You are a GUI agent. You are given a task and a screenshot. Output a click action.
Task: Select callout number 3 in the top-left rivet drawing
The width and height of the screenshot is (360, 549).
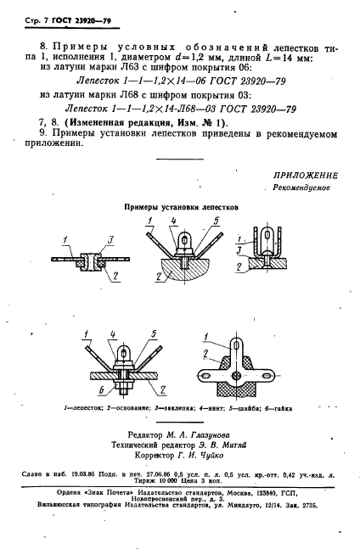tap(99, 235)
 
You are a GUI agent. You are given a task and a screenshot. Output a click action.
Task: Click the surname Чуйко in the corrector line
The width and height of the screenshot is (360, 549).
tap(222, 453)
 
